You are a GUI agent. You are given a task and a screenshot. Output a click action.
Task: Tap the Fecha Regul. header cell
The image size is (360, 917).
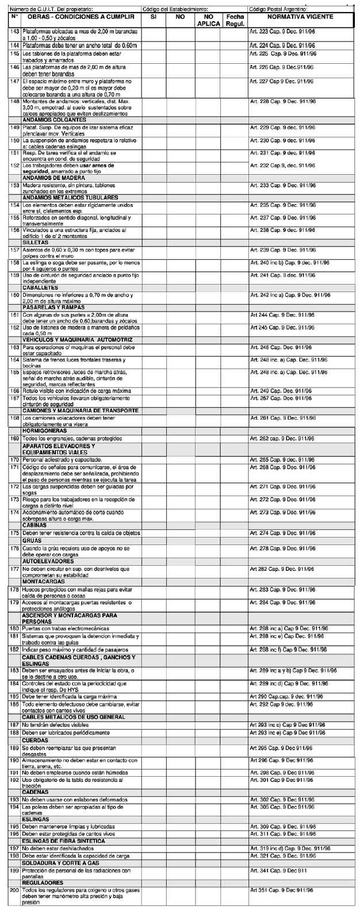click(x=235, y=21)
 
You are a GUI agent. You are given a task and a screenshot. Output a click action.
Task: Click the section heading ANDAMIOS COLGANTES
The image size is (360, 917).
click(x=58, y=120)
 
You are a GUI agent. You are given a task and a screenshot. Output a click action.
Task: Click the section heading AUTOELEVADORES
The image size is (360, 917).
click(x=48, y=561)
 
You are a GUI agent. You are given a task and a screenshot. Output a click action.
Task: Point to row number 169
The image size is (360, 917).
click(x=15, y=438)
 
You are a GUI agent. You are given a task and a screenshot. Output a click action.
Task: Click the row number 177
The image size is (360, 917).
click(x=15, y=569)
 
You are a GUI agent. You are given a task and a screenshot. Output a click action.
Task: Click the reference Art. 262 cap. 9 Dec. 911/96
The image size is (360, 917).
click(x=282, y=438)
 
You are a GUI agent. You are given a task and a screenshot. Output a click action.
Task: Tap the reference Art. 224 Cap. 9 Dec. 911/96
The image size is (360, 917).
click(x=282, y=45)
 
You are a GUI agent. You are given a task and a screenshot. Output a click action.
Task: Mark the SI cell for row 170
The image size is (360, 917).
click(x=154, y=459)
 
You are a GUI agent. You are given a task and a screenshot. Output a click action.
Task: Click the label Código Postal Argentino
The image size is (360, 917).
click(x=278, y=10)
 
